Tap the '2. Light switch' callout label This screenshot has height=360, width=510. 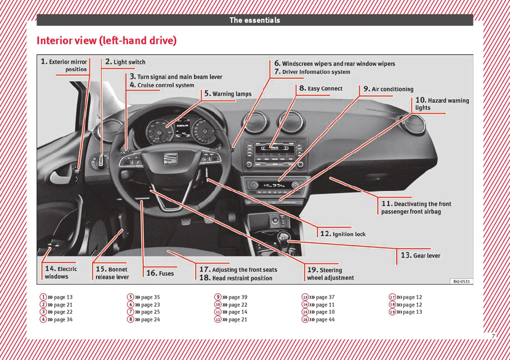click(x=125, y=62)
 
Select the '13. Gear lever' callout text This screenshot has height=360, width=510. click(x=421, y=255)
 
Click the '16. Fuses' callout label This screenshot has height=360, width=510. click(x=160, y=273)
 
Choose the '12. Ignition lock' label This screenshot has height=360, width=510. click(x=343, y=234)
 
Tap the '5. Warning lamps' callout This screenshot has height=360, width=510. click(x=228, y=94)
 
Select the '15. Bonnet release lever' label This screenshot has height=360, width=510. click(x=112, y=273)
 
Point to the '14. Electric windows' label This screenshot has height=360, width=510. click(x=60, y=273)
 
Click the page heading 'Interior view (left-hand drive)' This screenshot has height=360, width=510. click(x=107, y=41)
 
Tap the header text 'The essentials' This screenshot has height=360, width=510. click(x=254, y=20)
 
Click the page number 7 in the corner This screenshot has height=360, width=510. click(x=493, y=336)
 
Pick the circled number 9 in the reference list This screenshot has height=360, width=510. click(x=218, y=297)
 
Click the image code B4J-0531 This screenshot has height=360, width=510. click(x=461, y=281)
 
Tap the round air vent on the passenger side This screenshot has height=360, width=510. click(x=414, y=124)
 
